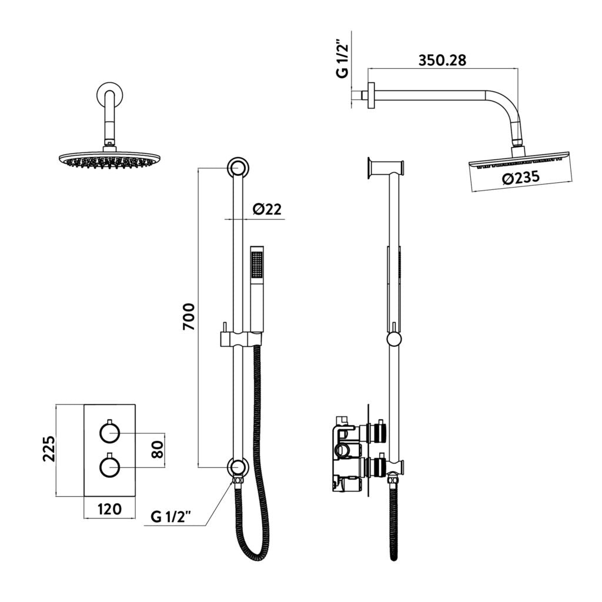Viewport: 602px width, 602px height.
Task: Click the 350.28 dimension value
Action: tap(442, 61)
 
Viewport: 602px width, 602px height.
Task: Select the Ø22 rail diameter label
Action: tap(267, 209)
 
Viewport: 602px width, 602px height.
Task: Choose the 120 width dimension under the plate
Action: tap(110, 509)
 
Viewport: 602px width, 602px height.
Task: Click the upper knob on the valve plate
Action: tap(109, 434)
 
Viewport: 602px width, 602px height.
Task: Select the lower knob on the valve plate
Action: tap(109, 467)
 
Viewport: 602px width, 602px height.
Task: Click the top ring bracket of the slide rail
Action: tap(238, 168)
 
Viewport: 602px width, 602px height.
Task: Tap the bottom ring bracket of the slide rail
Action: tap(237, 467)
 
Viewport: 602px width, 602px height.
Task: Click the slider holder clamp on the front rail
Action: tap(237, 339)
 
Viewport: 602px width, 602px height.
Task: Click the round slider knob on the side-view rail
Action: tap(394, 339)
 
